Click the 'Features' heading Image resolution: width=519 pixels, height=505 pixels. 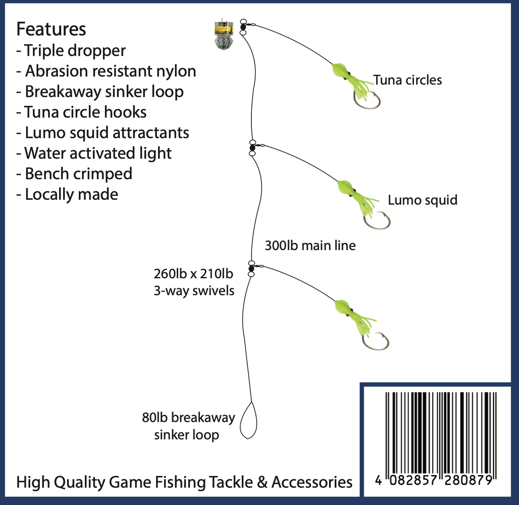(51, 29)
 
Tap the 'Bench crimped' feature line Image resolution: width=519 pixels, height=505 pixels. (74, 174)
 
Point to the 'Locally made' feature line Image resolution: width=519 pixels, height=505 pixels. (67, 194)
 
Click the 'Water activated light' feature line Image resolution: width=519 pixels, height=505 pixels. (94, 153)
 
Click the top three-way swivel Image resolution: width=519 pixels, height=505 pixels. (243, 26)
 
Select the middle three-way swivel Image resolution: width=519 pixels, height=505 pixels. (253, 148)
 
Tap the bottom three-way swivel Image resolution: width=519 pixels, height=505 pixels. (251, 268)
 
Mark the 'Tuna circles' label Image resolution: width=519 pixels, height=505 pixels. (407, 80)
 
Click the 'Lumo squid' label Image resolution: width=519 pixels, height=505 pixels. (423, 200)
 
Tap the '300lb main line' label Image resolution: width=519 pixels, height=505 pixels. (310, 245)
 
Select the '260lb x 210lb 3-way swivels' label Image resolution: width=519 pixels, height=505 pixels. (194, 282)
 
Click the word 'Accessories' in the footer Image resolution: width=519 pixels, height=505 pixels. (312, 482)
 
